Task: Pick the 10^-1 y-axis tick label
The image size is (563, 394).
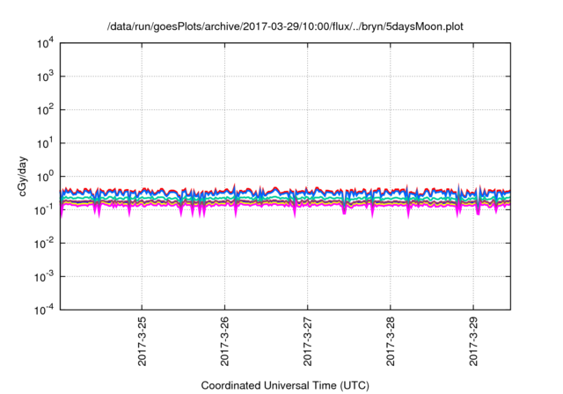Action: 44,209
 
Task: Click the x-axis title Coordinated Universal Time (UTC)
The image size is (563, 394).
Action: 285,385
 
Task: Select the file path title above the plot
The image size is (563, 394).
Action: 285,26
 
